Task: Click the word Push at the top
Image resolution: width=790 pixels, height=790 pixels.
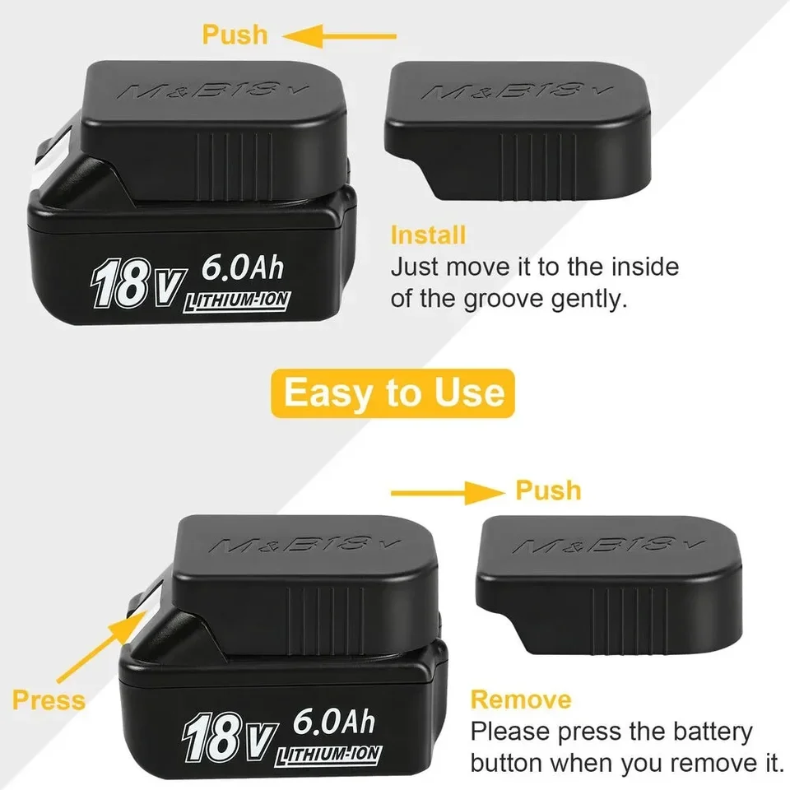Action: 235,35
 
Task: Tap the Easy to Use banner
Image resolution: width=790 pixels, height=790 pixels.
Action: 394,393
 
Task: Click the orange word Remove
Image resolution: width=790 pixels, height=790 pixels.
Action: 521,700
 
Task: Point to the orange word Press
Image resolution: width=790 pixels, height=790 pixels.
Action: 49,700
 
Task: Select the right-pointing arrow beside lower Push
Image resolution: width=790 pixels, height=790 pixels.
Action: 444,493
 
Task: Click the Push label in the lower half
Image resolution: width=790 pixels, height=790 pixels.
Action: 548,490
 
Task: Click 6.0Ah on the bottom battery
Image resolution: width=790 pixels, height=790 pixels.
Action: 333,723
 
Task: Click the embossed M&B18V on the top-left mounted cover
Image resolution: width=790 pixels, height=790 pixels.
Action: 214,88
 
